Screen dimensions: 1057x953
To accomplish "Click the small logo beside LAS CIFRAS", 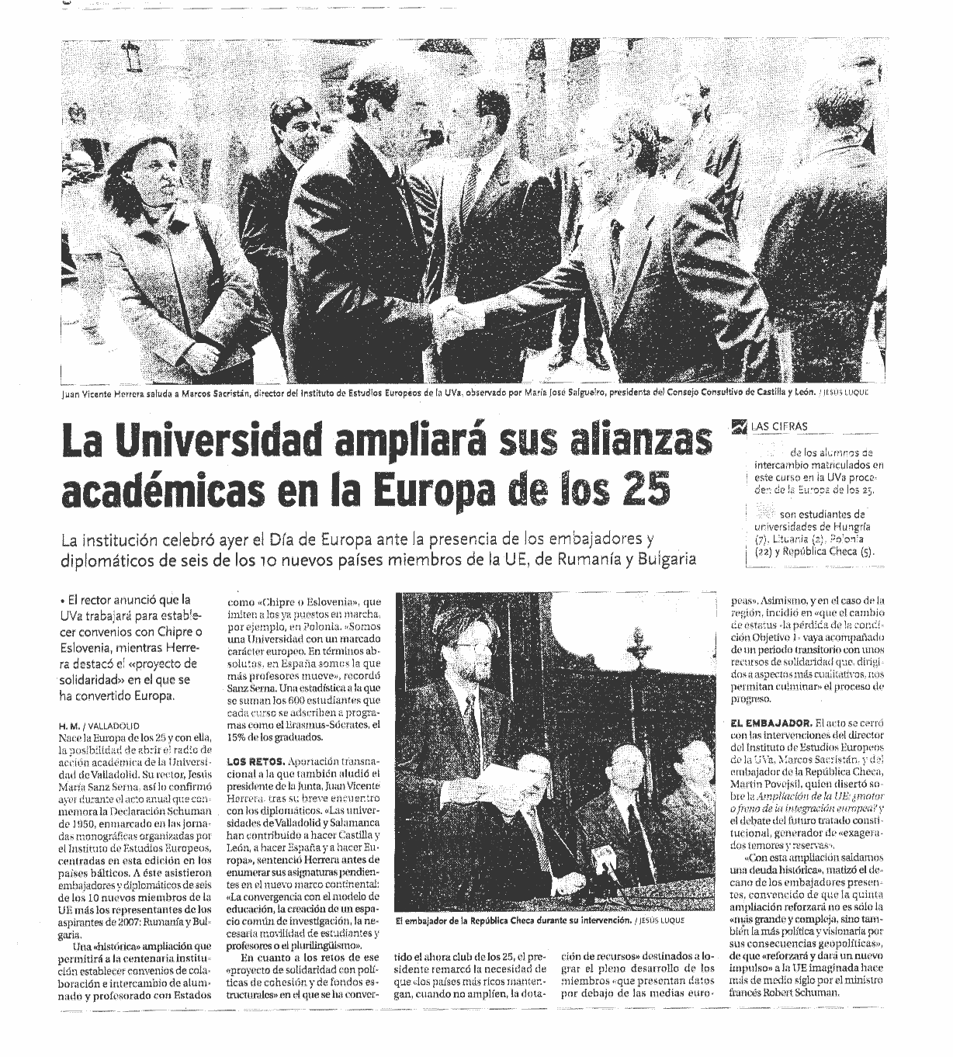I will click(736, 425).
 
